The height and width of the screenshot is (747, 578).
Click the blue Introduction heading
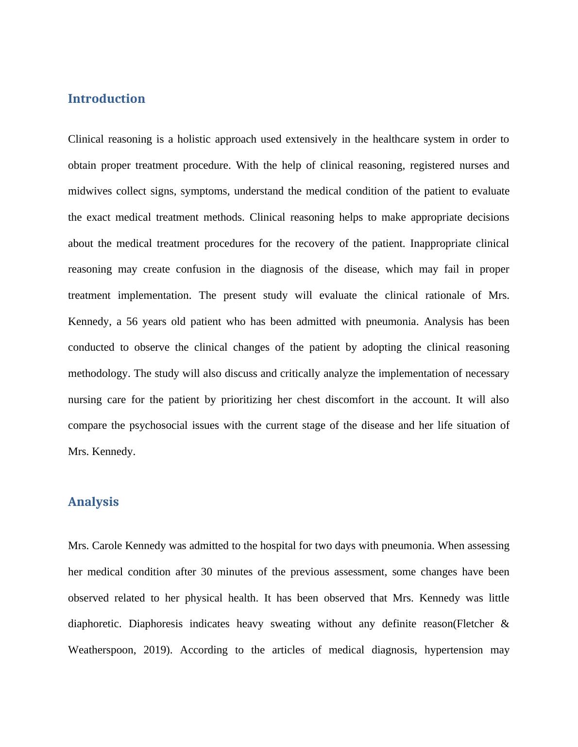click(x=106, y=98)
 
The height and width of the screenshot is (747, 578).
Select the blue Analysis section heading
click(x=93, y=502)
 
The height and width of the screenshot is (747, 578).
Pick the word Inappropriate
click(x=441, y=244)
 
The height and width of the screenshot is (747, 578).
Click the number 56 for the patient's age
click(x=132, y=322)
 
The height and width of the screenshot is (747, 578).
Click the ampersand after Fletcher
click(x=505, y=624)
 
